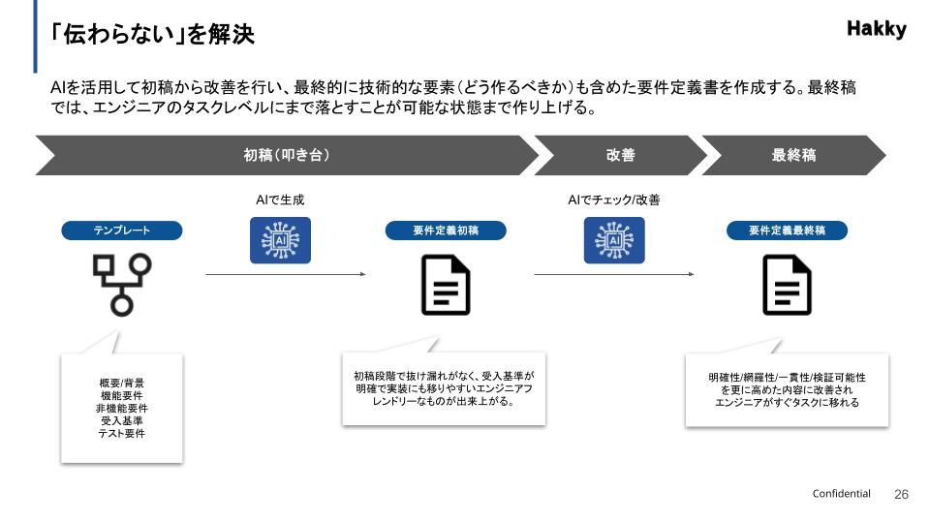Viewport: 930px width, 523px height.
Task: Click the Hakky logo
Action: click(x=876, y=29)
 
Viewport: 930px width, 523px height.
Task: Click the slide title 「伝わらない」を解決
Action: click(x=153, y=35)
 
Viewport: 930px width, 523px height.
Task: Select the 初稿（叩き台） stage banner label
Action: click(x=287, y=155)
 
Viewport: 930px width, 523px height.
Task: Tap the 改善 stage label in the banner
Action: click(x=621, y=155)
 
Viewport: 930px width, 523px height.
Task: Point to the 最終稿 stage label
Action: click(x=793, y=155)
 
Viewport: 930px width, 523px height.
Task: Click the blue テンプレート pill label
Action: click(x=122, y=231)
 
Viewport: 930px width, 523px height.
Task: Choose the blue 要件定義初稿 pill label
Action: click(x=446, y=231)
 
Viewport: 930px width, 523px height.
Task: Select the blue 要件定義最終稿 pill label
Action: click(x=787, y=231)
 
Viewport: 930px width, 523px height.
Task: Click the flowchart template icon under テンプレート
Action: click(x=122, y=284)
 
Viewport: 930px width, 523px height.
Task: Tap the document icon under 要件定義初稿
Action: click(x=446, y=286)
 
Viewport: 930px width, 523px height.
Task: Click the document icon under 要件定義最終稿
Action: click(x=787, y=286)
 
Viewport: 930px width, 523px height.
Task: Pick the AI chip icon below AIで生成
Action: click(x=281, y=240)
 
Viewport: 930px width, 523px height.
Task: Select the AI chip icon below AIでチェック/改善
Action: click(x=613, y=240)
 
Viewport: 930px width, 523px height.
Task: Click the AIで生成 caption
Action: click(x=281, y=200)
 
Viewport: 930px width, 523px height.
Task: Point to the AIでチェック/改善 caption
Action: click(x=614, y=200)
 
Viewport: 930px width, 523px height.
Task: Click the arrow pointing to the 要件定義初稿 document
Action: click(x=286, y=274)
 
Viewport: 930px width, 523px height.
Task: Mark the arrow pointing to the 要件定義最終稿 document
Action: click(x=614, y=274)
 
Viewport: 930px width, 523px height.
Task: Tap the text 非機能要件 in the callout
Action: click(x=122, y=408)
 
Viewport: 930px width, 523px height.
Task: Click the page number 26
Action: click(x=901, y=494)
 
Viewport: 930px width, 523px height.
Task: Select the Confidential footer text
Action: click(x=841, y=494)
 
